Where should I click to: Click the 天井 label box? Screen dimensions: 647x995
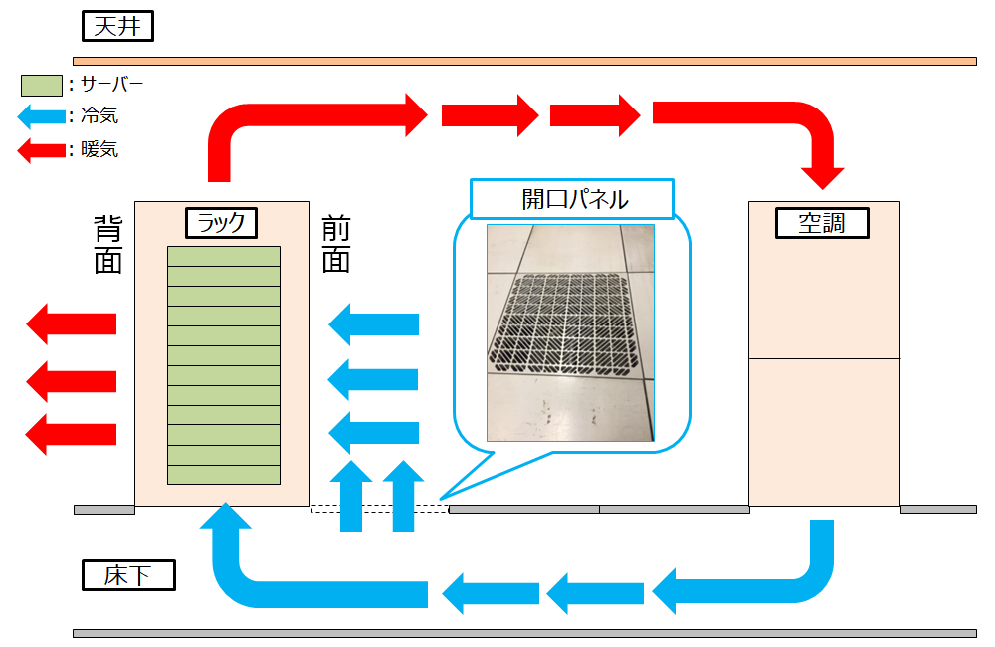click(x=118, y=26)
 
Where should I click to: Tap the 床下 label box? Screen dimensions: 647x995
click(x=127, y=575)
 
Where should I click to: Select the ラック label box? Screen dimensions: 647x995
click(x=221, y=223)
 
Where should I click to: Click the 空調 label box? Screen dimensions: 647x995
click(x=822, y=223)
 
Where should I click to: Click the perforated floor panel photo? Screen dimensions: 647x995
click(x=570, y=332)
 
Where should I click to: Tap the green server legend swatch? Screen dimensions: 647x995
click(x=41, y=86)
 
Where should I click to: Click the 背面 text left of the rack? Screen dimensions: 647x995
click(x=108, y=244)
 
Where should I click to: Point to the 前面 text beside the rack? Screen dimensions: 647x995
click(x=336, y=244)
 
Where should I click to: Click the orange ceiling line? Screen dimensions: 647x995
click(x=524, y=61)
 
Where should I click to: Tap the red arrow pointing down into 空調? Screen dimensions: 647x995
click(x=824, y=159)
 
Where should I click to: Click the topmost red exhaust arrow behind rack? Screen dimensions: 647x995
click(x=72, y=323)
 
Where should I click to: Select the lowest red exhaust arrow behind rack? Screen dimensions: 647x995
click(x=72, y=434)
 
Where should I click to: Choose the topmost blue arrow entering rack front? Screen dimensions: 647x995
click(x=373, y=323)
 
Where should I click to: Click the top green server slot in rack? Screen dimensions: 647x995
click(x=223, y=256)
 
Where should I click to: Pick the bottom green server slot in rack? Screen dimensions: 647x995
click(x=223, y=475)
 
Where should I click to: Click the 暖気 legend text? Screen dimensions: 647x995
click(x=99, y=150)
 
